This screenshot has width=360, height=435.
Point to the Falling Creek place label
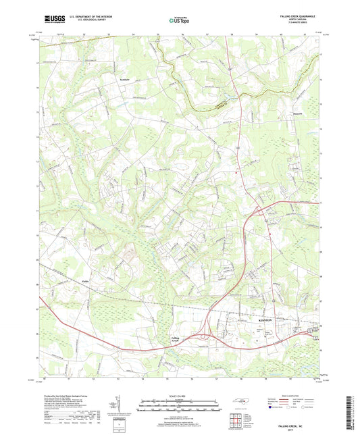click(175, 340)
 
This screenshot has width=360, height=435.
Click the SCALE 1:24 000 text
click(180, 396)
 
